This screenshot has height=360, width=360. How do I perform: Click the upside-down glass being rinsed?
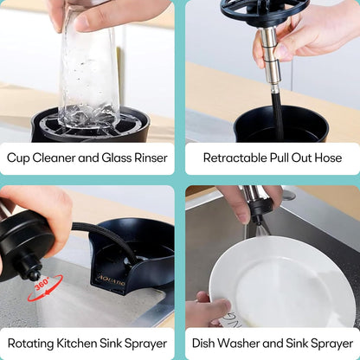coord(88,74)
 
